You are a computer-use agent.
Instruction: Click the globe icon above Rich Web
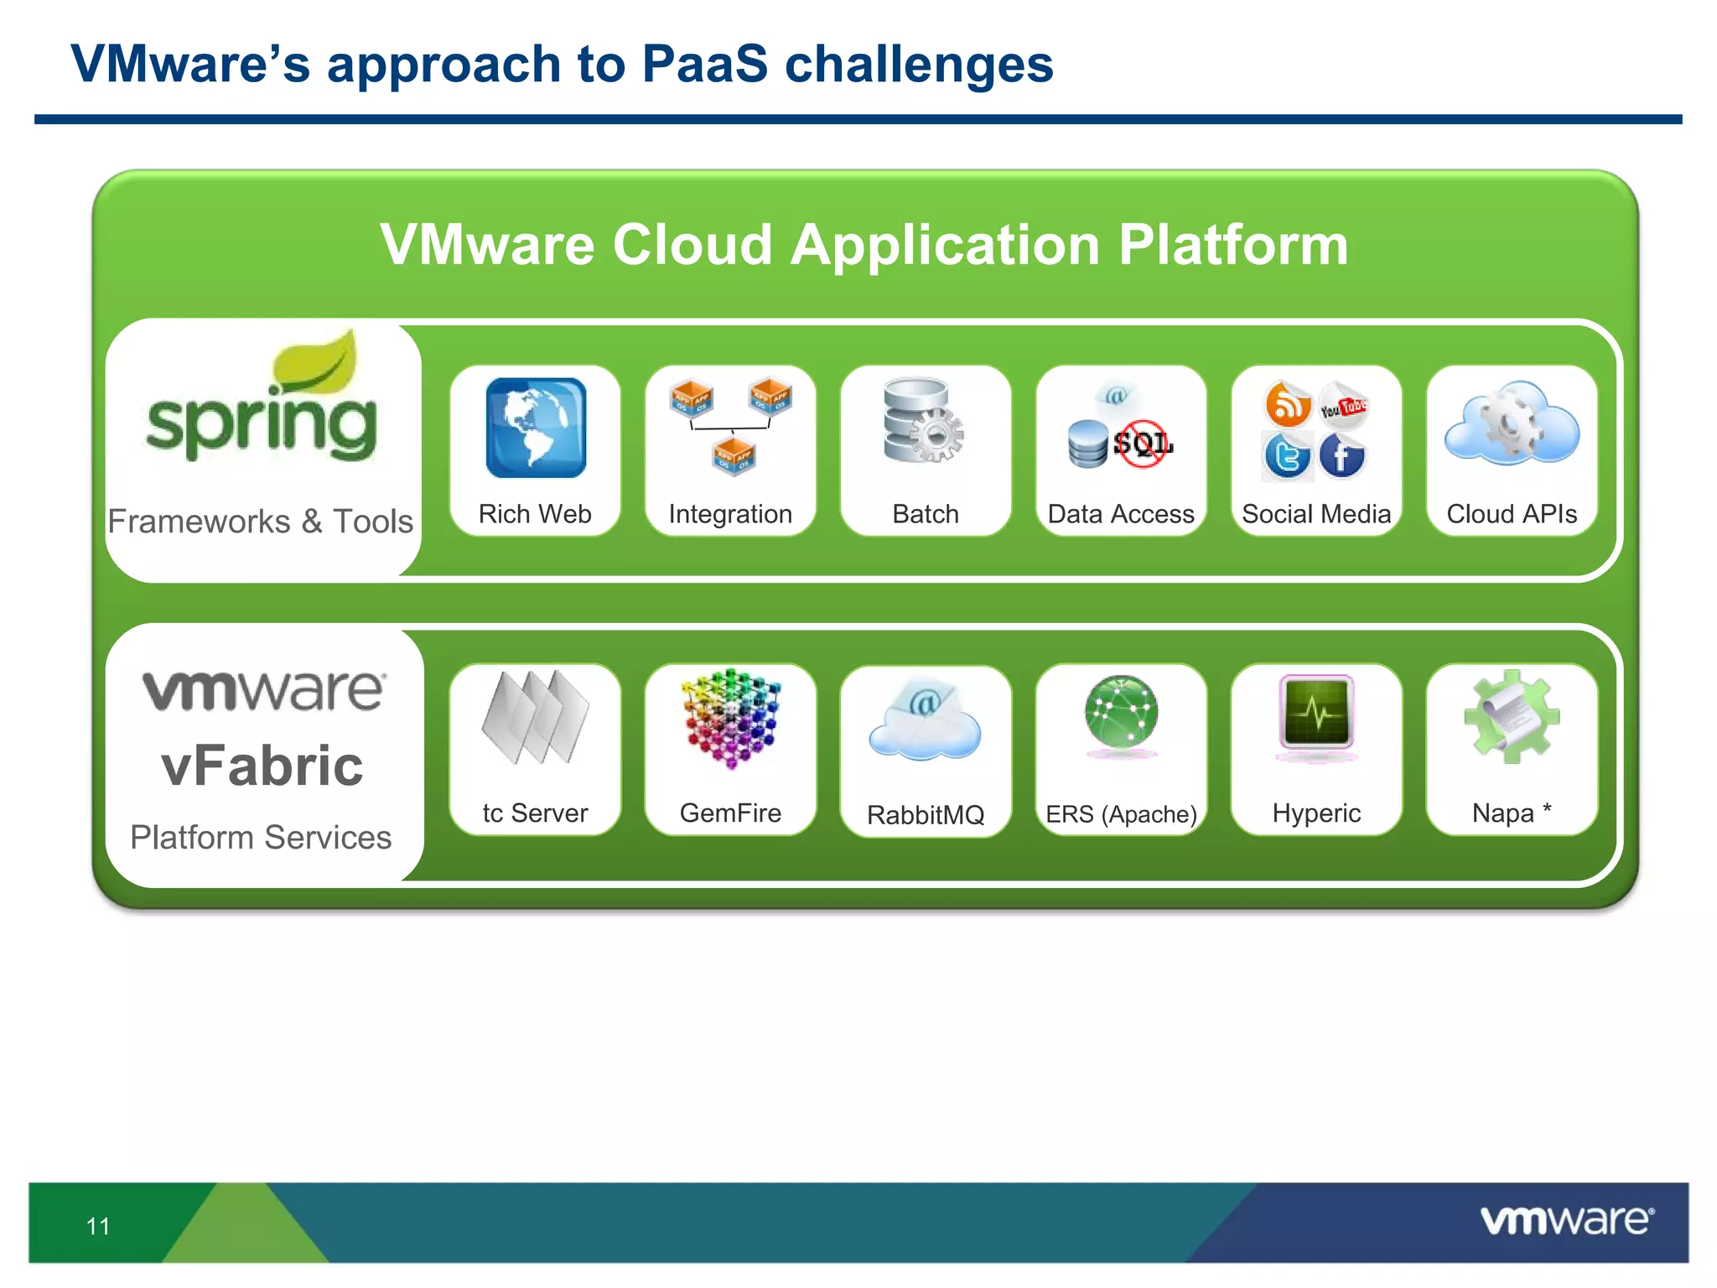point(536,428)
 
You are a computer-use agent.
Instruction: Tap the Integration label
point(730,514)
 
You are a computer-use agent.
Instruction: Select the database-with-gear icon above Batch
point(923,420)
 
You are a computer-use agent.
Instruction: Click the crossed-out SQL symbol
point(1142,444)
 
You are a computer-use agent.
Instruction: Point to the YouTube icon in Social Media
point(1343,407)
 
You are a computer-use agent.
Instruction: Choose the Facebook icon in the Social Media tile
point(1341,456)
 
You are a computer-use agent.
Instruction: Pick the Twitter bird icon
point(1287,456)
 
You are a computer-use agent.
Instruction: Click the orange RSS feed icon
point(1288,404)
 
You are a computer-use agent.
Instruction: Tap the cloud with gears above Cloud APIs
point(1512,423)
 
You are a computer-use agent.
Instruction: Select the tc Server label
point(535,813)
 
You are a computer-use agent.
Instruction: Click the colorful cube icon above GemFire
point(731,718)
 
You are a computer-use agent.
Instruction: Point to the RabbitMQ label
point(926,814)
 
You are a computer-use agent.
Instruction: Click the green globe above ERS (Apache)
point(1121,713)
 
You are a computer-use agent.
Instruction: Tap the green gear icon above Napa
point(1512,716)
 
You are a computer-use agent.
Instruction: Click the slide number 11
point(98,1227)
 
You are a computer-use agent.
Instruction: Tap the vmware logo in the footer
point(1567,1220)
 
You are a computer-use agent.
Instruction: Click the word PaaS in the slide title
point(704,65)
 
